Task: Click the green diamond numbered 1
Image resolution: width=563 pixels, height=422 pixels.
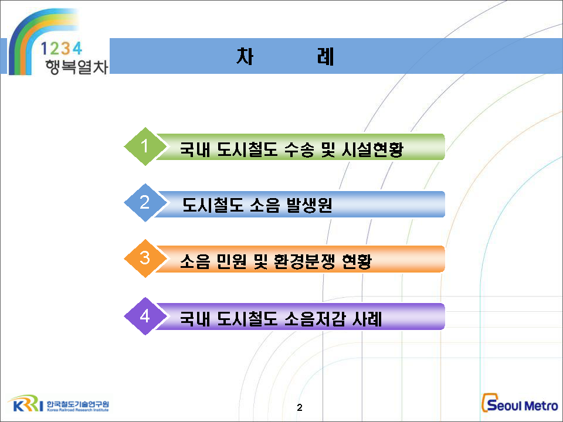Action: click(x=145, y=147)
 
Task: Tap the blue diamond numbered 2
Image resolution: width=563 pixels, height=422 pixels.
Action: click(x=145, y=203)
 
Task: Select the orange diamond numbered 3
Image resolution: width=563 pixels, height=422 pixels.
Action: click(x=145, y=258)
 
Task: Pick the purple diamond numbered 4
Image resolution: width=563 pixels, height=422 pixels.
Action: click(x=145, y=316)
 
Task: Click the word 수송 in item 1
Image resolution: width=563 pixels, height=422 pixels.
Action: click(x=299, y=149)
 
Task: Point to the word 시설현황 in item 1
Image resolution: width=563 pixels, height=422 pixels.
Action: click(x=372, y=149)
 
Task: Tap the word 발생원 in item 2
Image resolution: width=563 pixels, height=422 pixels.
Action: click(x=309, y=205)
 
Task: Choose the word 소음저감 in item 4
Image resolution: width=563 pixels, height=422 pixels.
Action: click(x=315, y=319)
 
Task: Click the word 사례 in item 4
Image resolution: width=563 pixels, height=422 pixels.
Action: click(x=367, y=319)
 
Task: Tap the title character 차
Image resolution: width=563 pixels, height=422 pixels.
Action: click(x=245, y=56)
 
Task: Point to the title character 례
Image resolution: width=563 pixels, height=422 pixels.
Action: click(x=325, y=56)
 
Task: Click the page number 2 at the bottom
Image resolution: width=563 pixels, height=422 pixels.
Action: click(x=300, y=407)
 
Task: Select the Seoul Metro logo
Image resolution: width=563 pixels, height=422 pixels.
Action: click(x=520, y=403)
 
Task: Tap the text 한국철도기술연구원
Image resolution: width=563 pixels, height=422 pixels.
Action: click(x=77, y=404)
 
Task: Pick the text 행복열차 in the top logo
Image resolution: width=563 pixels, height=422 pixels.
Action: click(x=76, y=67)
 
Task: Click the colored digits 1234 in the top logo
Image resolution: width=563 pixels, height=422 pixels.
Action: click(x=62, y=49)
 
